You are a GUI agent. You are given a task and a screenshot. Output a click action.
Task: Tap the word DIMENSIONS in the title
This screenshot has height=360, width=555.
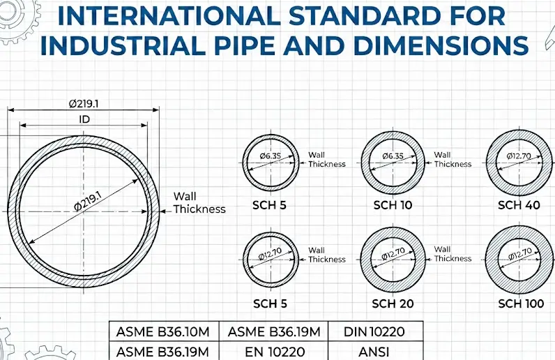[x=441, y=45]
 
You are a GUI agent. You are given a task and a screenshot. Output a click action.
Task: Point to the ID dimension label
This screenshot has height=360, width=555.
[x=84, y=119]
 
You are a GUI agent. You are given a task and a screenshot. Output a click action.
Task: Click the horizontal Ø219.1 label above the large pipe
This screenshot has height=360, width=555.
[x=84, y=104]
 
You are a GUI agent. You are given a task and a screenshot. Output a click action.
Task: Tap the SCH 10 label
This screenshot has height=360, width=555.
[x=393, y=205]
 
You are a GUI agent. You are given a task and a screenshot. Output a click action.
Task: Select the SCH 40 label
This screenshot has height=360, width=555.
[x=519, y=205]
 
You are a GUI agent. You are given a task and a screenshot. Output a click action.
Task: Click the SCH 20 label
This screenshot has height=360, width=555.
[x=393, y=303]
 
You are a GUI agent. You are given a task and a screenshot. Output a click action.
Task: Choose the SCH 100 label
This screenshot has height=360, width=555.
[x=521, y=303]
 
